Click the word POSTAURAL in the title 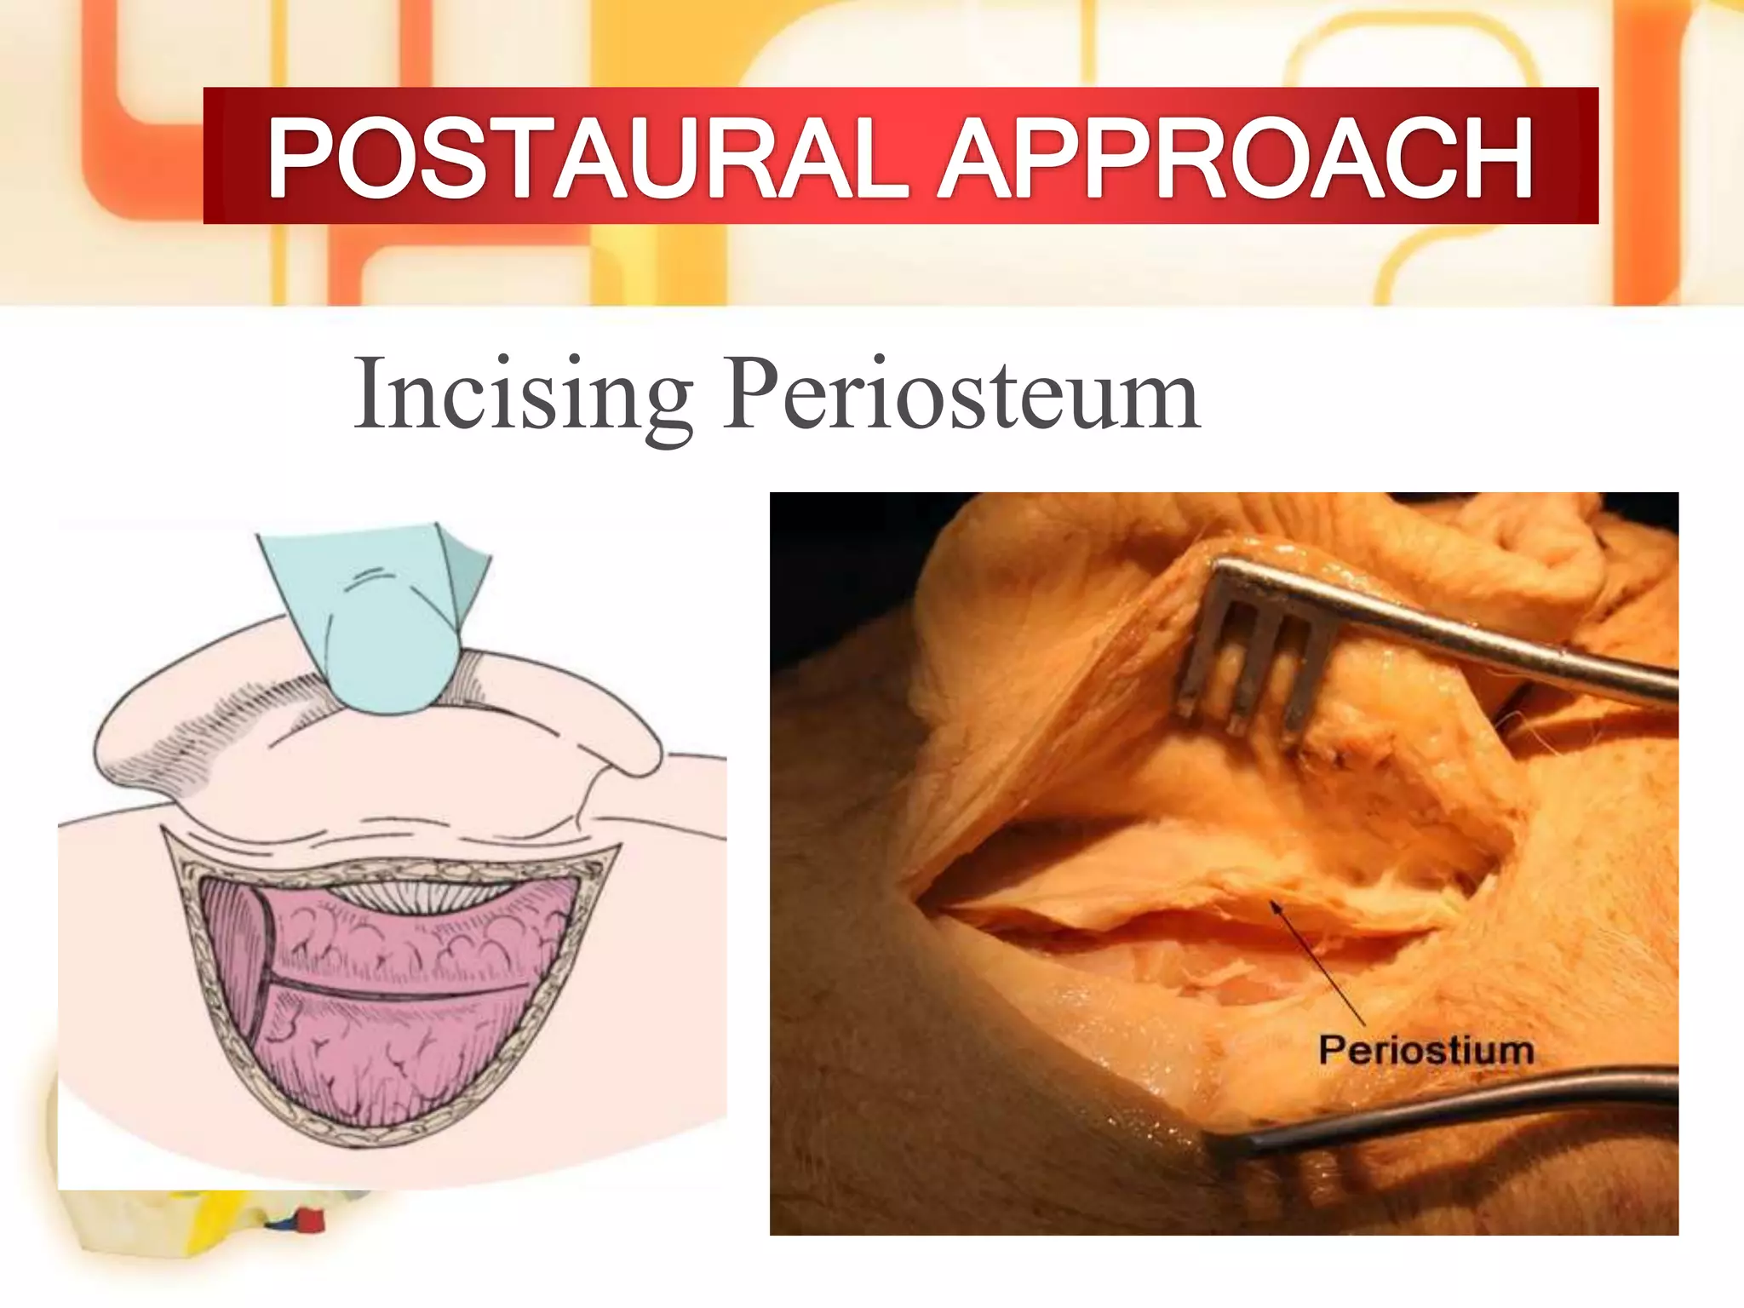point(588,158)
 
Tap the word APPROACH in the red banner point(1235,158)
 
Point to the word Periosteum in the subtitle point(962,396)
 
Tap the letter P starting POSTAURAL point(302,158)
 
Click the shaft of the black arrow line point(1320,967)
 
